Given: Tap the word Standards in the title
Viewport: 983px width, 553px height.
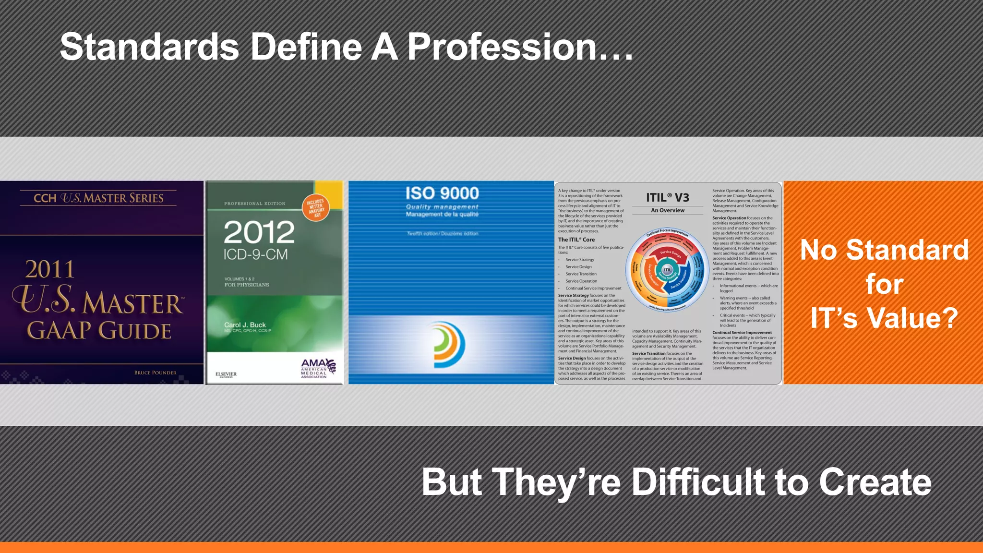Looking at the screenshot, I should tap(149, 48).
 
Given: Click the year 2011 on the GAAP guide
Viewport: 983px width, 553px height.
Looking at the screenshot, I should tap(50, 269).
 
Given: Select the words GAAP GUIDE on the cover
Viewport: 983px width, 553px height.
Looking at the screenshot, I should tap(99, 331).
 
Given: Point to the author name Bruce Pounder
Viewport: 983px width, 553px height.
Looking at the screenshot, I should tap(155, 373).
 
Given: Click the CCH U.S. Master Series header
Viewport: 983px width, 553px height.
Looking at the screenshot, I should tap(98, 198).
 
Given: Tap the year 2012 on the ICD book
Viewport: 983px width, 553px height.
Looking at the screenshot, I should tap(259, 232).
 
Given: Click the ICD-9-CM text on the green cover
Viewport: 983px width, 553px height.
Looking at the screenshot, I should tap(255, 254).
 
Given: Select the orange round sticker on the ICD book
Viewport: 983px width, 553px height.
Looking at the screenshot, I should tap(316, 208).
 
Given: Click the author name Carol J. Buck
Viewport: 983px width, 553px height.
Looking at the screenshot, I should tap(245, 325).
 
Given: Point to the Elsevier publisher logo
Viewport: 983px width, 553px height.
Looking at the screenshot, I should tap(226, 374).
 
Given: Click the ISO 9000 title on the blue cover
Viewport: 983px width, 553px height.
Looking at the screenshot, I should tap(442, 193).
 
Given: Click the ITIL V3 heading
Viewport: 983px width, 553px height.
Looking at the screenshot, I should tap(667, 197).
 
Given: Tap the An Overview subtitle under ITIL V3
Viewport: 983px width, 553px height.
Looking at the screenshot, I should tap(668, 210).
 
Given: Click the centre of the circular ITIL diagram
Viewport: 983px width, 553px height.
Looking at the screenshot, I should tap(667, 270).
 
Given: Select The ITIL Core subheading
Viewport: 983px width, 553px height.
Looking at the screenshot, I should tap(576, 240).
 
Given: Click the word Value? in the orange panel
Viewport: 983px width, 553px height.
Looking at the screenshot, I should tap(912, 318).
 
